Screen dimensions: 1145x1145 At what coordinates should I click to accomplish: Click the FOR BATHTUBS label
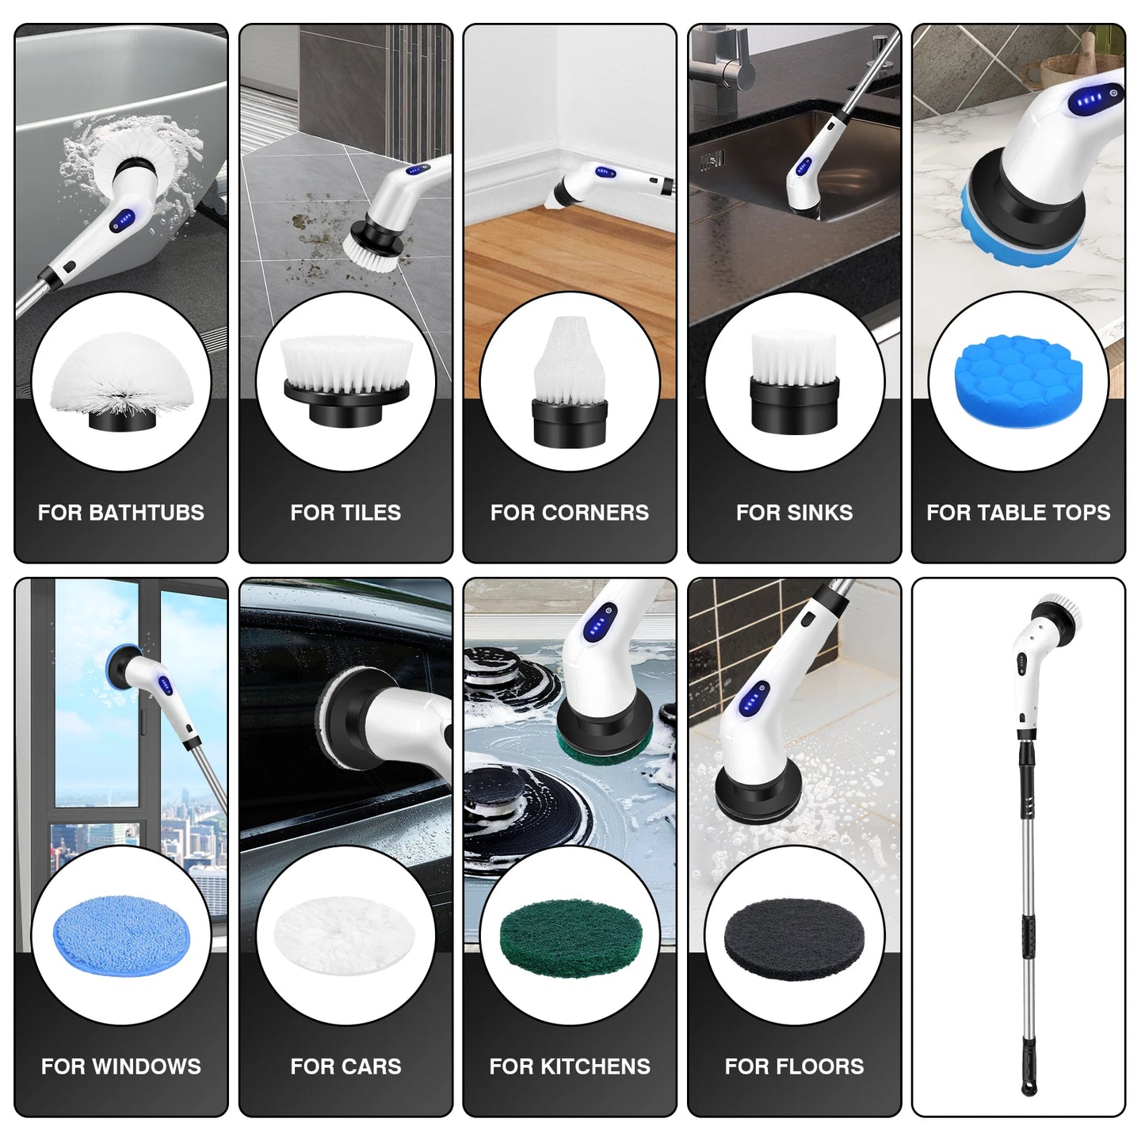point(121,513)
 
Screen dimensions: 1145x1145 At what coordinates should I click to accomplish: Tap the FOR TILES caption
point(345,513)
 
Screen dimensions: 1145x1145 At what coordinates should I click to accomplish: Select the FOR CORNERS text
point(570,513)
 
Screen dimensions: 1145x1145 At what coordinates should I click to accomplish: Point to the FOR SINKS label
point(794,513)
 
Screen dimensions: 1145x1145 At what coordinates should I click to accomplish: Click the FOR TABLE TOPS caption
point(1018,513)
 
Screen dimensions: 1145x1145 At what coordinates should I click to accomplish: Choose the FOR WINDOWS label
point(121,1067)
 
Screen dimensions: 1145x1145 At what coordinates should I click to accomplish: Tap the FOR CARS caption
point(345,1067)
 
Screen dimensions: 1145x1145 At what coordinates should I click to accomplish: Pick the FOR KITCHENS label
point(570,1067)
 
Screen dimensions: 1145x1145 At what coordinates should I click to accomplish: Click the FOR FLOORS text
point(794,1067)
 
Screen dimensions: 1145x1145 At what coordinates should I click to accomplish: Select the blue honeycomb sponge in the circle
point(1018,380)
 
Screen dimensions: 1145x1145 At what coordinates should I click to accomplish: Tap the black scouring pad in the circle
point(794,939)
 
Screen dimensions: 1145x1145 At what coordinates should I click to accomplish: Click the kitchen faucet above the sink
point(725,63)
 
